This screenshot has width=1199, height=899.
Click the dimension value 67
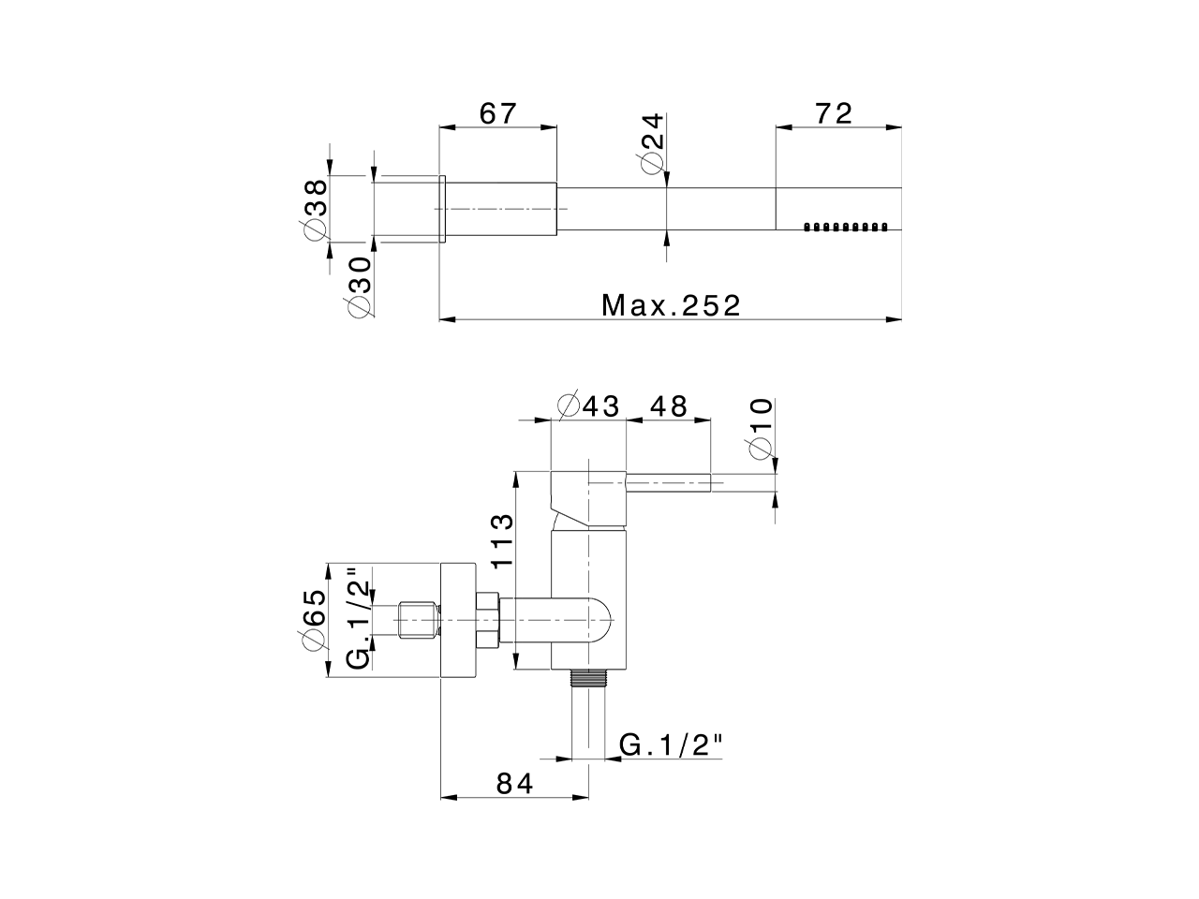pyautogui.click(x=497, y=113)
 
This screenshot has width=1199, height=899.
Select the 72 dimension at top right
pyautogui.click(x=834, y=113)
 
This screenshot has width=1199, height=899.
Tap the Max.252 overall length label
pyautogui.click(x=671, y=305)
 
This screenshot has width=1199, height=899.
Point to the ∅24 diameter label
pyautogui.click(x=653, y=141)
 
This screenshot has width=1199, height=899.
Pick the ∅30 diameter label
pyautogui.click(x=360, y=287)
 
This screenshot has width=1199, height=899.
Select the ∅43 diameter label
pyautogui.click(x=589, y=406)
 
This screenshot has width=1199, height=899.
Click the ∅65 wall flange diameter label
pyautogui.click(x=315, y=620)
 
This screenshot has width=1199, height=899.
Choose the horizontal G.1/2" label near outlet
pyautogui.click(x=674, y=745)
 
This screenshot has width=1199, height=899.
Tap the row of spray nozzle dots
pyautogui.click(x=845, y=227)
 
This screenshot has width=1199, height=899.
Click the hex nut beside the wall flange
pyautogui.click(x=488, y=621)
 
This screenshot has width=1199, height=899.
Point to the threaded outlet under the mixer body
pyautogui.click(x=589, y=678)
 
